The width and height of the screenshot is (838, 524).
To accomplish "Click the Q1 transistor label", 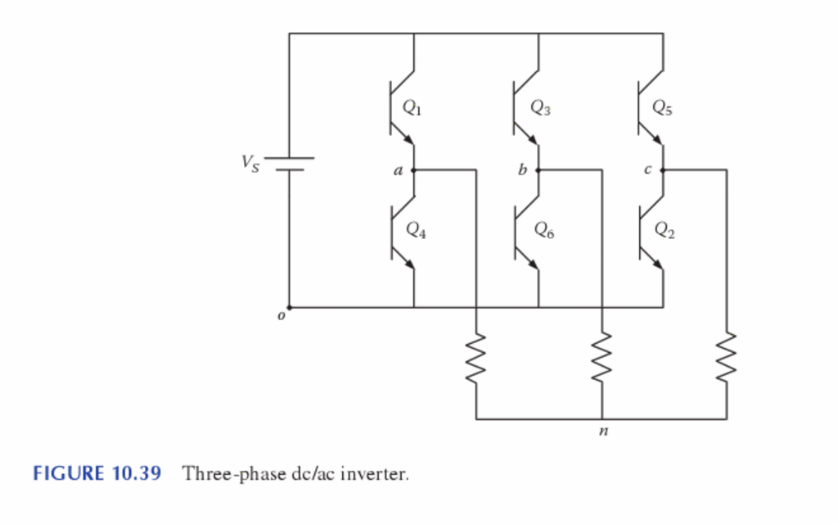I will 412,106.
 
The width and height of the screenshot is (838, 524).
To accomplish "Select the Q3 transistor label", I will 539,106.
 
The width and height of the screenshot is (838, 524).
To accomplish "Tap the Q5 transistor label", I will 663,106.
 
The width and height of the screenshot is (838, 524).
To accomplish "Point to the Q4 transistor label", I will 415,230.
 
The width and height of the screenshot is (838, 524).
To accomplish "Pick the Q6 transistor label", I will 543,230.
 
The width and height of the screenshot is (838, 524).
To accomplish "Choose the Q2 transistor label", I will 665,230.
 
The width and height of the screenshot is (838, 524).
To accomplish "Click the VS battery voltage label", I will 249,163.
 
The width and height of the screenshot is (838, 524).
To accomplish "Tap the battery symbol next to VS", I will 289,164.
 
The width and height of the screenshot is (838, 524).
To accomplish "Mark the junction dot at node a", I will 413,170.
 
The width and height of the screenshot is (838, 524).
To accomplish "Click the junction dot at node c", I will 662,170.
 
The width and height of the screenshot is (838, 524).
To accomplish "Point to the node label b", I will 521,171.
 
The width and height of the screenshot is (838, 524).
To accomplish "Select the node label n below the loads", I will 603,431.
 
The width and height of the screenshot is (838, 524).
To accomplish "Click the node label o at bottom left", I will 281,315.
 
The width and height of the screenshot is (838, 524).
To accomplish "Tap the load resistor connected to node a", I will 476,358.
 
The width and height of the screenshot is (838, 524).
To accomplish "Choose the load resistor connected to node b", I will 602,358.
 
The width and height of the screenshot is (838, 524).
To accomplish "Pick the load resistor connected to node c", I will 727,358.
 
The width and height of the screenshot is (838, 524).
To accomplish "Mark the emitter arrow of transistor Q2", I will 656,261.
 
